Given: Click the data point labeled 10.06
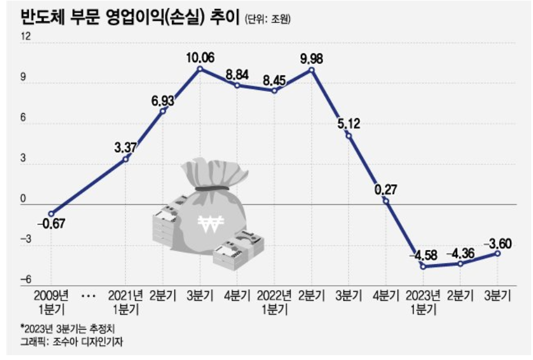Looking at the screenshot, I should point(199,69).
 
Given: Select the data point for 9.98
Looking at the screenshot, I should point(311,70).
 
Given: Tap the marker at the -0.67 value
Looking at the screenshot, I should point(52,214).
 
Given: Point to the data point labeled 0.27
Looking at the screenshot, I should point(386,201).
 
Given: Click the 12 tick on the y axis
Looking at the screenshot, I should point(25,36).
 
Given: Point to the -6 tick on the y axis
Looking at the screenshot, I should point(25,280).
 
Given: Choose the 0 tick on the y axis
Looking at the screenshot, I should point(25,199).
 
